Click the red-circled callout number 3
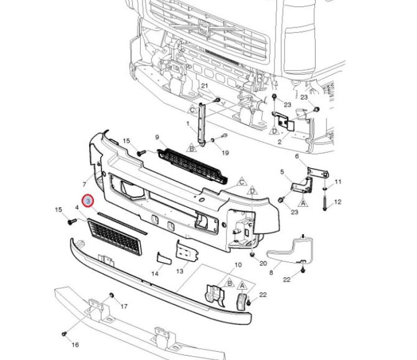[88, 201]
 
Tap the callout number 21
[204, 85]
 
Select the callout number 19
[225, 153]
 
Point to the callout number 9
[157, 137]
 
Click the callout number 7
[84, 185]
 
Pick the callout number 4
[77, 207]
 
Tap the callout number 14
[155, 273]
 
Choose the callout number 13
[180, 271]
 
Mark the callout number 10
[238, 265]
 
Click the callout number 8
[271, 272]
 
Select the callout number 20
[263, 263]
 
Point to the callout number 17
[124, 306]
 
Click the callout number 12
[338, 202]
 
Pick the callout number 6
[297, 156]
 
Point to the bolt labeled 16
[64, 334]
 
